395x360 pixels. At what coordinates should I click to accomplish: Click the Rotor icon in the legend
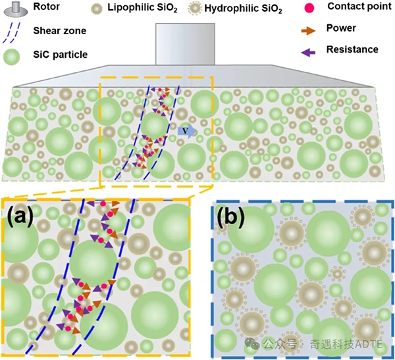point(16,9)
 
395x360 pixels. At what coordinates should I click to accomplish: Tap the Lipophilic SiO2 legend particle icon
point(97,9)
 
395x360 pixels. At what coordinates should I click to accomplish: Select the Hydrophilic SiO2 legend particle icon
point(195,9)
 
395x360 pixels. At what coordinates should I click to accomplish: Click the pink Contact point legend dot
point(309,8)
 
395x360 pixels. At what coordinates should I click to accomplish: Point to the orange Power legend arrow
point(308,31)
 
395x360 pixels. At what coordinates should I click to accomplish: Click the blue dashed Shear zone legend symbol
point(11,33)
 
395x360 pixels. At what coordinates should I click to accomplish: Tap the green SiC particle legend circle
point(11,57)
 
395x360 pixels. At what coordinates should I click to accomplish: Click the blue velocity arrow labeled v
point(187,131)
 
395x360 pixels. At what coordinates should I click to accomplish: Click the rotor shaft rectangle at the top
point(185,44)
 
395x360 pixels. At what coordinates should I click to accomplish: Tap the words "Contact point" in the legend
point(359,7)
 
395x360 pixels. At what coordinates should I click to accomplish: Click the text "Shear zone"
point(60,31)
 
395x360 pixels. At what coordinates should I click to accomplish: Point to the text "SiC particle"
point(61,55)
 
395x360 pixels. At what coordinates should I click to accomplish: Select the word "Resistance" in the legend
point(352,49)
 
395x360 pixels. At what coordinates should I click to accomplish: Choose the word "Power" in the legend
point(341,28)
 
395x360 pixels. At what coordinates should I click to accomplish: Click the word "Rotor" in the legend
point(46,7)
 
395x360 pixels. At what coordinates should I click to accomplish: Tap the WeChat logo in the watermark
point(252,344)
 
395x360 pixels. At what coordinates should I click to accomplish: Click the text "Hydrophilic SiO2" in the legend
point(243,9)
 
